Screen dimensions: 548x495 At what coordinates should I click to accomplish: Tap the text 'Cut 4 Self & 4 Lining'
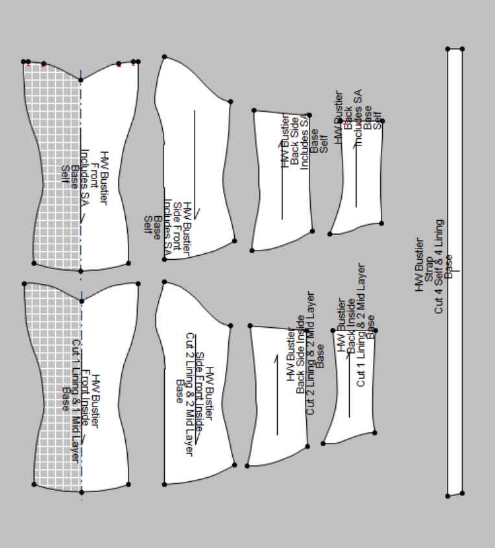point(439,266)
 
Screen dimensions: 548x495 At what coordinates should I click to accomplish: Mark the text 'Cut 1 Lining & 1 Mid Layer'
point(76,401)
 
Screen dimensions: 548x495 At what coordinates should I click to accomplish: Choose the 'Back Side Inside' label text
point(300,355)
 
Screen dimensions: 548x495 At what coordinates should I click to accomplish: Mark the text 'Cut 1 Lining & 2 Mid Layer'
point(361,325)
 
